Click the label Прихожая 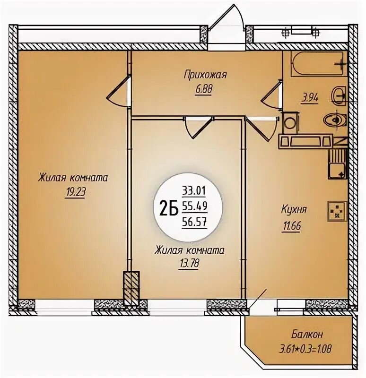pos(205,75)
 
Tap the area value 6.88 pos(204,89)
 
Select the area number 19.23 pos(75,192)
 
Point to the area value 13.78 pos(189,263)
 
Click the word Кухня pos(294,209)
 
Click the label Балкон pos(307,335)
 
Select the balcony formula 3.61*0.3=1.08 pos(305,349)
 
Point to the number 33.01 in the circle pos(194,191)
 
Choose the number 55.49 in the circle pos(194,206)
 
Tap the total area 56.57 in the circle pos(194,221)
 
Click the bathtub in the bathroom pos(317,64)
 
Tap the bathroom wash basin pos(339,96)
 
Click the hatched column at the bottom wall pos(131,288)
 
